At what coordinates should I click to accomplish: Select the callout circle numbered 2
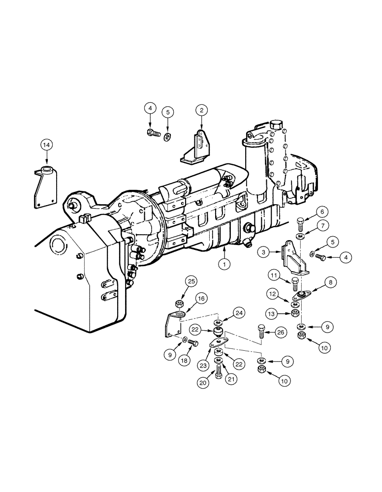pyautogui.click(x=201, y=110)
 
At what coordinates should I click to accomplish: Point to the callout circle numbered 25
pyautogui.click(x=178, y=282)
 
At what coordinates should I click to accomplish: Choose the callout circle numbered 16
pyautogui.click(x=188, y=298)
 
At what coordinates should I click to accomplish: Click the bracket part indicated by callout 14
pyautogui.click(x=46, y=187)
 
